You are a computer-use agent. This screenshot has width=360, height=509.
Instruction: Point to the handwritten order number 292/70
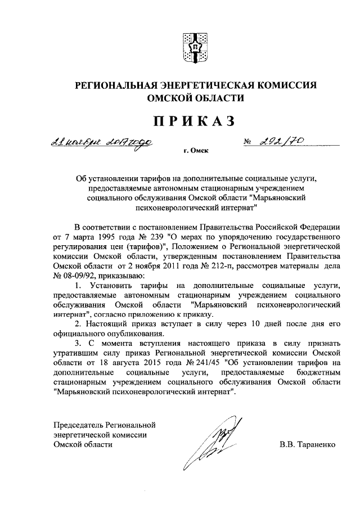282,143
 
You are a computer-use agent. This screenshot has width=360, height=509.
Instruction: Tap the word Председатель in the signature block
78,424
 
